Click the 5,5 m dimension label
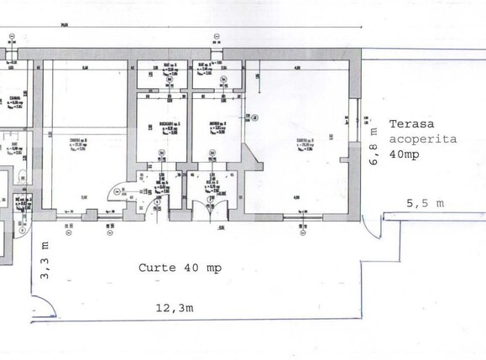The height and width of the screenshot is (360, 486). [426, 203]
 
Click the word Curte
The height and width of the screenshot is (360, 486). [159, 269]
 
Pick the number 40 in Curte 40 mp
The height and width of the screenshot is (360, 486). [191, 269]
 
